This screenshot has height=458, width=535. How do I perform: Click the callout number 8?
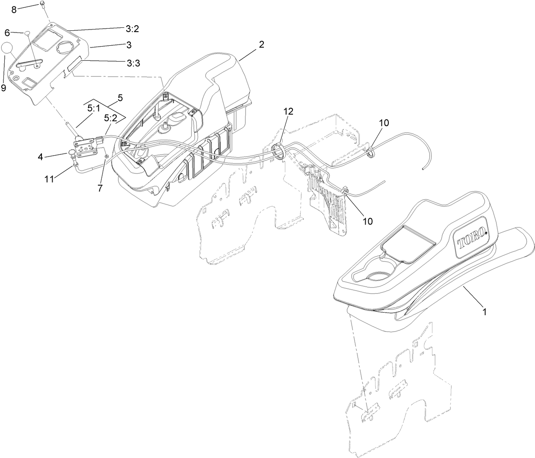pos(14,9)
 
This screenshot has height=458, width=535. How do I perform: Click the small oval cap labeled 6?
pos(27,33)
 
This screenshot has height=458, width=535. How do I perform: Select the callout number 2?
pos(261,44)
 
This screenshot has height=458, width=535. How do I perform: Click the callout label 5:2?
pos(110,118)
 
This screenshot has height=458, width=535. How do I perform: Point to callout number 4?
pos(40,157)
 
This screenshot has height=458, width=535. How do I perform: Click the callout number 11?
pos(50,180)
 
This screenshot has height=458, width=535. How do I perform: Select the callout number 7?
pos(100,188)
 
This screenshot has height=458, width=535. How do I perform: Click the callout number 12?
pos(288,112)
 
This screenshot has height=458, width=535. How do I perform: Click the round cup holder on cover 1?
pos(377,276)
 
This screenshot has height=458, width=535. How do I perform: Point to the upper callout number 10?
pos(384,123)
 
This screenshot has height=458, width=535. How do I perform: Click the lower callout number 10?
pos(367,221)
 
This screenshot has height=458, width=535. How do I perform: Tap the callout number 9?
pos(4,88)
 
